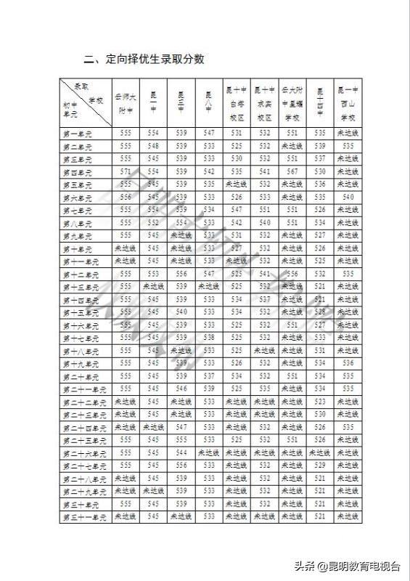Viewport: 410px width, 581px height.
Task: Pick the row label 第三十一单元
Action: [x=84, y=517]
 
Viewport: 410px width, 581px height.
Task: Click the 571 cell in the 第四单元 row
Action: [x=126, y=171]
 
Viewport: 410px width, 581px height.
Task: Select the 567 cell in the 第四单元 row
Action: [x=292, y=171]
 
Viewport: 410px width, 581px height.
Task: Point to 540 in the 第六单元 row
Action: [x=348, y=198]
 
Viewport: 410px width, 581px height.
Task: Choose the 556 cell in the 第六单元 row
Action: [x=126, y=198]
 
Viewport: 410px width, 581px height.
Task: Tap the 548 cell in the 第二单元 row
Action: [x=153, y=146]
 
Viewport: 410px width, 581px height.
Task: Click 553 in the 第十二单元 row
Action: [x=153, y=275]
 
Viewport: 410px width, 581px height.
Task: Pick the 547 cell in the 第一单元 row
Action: [x=209, y=134]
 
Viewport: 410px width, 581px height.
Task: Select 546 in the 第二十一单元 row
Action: [x=181, y=389]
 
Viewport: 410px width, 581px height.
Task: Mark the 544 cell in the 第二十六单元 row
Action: [x=181, y=453]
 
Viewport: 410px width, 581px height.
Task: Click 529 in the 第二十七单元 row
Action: [x=320, y=466]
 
